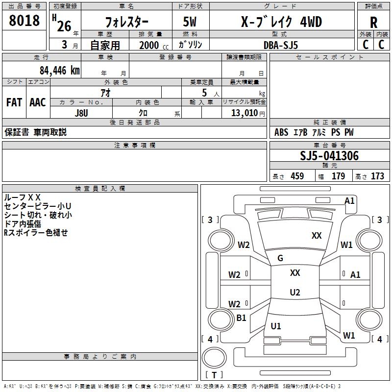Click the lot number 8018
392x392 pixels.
click(24, 21)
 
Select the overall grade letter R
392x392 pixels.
click(373, 22)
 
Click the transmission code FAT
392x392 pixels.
click(14, 102)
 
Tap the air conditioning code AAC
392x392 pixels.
click(37, 102)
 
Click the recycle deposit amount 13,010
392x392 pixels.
click(243, 112)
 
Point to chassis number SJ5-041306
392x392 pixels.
click(329, 156)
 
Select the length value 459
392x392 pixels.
click(297, 176)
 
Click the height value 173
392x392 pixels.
click(377, 176)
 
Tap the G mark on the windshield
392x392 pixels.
click(280, 258)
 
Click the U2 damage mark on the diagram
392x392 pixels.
click(294, 292)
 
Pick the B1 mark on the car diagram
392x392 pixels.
click(241, 318)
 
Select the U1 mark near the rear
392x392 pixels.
click(276, 326)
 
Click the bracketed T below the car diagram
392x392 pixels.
click(214, 375)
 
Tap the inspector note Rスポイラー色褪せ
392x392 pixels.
click(36, 233)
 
